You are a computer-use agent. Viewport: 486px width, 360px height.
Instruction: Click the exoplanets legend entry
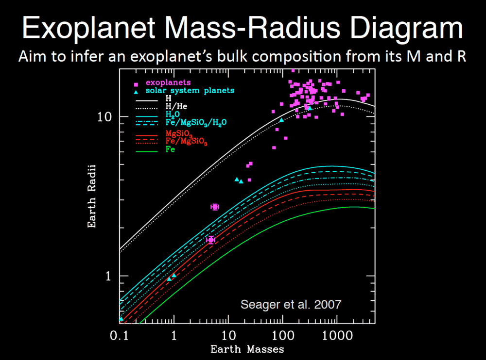[x=168, y=83]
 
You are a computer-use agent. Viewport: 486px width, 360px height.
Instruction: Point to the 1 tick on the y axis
[x=110, y=276]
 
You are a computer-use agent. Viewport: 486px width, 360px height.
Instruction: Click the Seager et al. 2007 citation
[x=291, y=305]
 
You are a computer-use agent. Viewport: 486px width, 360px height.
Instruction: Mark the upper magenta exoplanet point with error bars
[x=214, y=207]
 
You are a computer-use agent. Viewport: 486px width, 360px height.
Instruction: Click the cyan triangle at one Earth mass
[x=174, y=276]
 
